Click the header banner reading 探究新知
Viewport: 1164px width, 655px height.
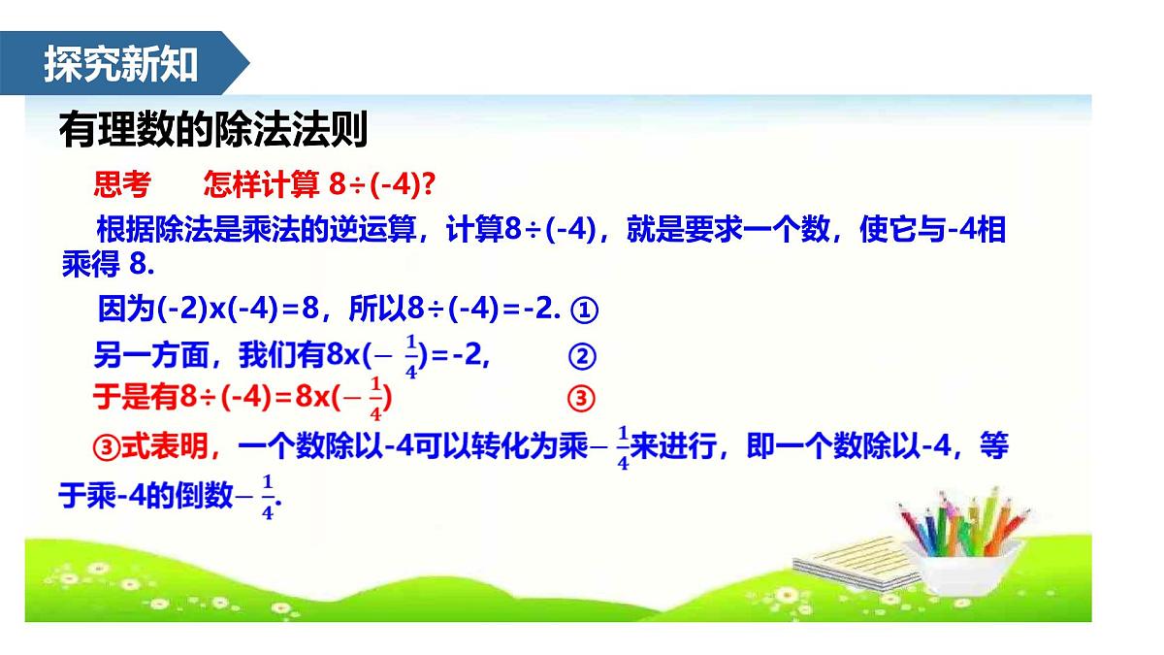121,64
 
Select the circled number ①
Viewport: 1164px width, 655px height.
582,311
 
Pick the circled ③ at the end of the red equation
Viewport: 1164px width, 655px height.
579,398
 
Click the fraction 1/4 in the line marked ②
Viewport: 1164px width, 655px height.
410,356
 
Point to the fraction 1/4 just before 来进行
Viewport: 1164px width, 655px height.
622,447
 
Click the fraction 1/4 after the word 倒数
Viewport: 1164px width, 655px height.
268,497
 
